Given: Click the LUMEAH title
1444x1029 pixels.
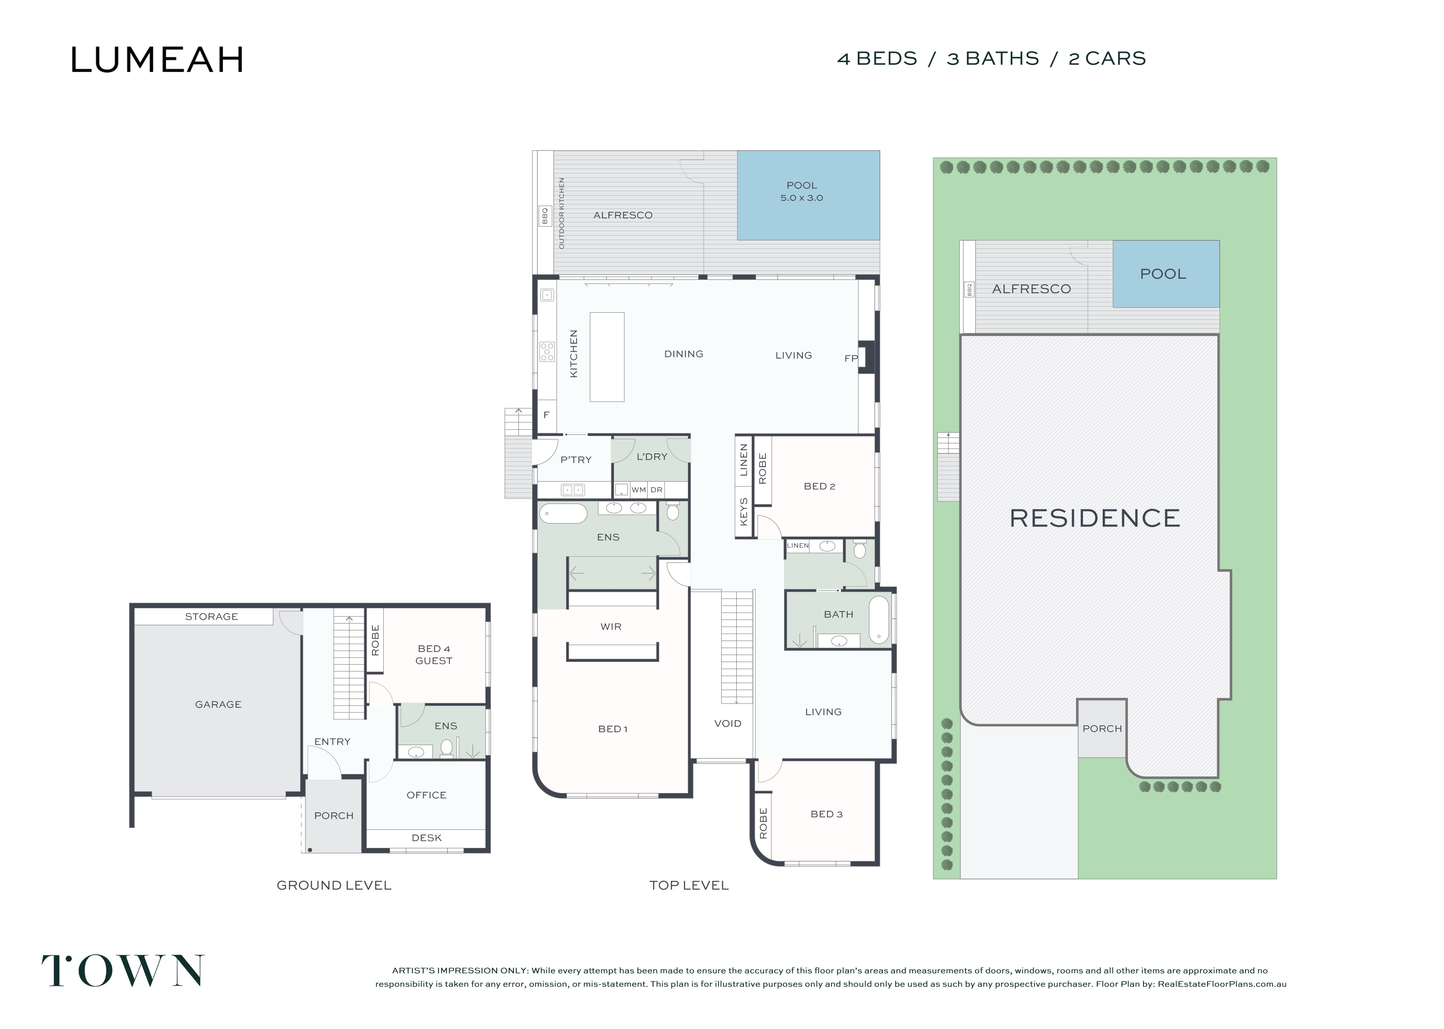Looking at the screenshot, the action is click(x=157, y=60).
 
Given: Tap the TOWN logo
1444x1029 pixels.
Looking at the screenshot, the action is click(x=123, y=971).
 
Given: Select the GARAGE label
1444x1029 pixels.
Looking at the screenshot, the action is click(x=218, y=705).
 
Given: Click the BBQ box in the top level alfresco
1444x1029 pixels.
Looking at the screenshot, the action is click(x=544, y=215).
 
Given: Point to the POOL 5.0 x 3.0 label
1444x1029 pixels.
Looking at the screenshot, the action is click(x=802, y=191).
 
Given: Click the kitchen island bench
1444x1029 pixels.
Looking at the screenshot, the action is click(x=607, y=357).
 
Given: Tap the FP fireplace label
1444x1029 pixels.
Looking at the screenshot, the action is click(x=851, y=359).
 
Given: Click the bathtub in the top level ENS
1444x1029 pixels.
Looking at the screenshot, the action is click(x=563, y=513).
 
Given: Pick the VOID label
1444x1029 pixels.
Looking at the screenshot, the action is click(x=727, y=724).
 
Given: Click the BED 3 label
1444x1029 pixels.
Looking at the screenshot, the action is click(x=826, y=814).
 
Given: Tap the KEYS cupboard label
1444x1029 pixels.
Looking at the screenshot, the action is click(x=744, y=511).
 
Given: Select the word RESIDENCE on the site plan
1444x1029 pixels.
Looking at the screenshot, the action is click(x=1094, y=518).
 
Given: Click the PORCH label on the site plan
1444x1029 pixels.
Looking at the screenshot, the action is click(x=1102, y=728).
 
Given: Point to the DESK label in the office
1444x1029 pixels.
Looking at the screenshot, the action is click(x=426, y=838).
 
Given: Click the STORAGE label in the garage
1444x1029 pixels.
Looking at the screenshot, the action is click(x=212, y=616).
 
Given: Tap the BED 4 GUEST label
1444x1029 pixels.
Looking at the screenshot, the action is click(x=434, y=655).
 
